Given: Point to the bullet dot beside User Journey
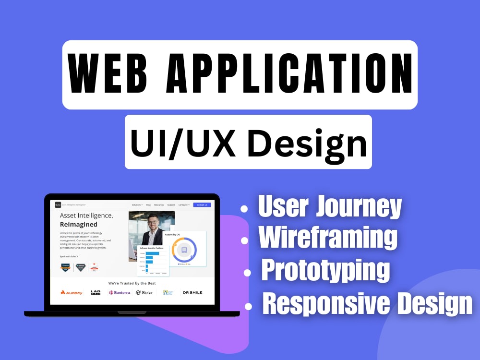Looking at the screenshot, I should point(244,209).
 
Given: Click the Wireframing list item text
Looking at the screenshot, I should point(328,238).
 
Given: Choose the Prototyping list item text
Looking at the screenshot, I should point(325,270).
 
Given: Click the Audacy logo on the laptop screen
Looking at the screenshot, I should point(72,292).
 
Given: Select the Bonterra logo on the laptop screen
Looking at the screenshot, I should point(120,292).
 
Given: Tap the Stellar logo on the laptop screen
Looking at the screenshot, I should point(144,292).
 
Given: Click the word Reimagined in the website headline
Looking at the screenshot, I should point(79,224).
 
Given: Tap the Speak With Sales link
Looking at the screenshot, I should point(69,256).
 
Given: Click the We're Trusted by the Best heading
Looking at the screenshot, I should point(132,283).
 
